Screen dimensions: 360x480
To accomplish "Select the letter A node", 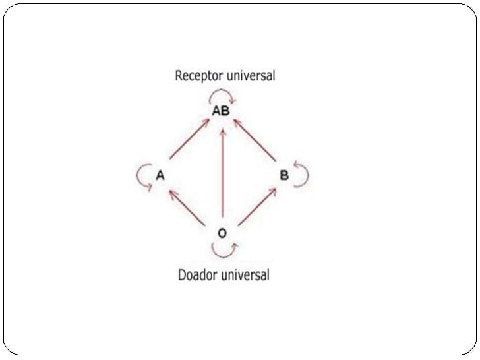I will (160, 175).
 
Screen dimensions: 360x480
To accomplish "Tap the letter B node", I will (284, 175).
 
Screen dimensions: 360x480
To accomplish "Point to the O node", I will (222, 233).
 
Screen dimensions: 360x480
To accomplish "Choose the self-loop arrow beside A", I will (141, 175).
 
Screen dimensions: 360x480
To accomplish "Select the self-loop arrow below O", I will (223, 251).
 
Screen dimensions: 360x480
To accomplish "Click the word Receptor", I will (197, 76).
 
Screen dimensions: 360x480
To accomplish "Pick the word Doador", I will (200, 275).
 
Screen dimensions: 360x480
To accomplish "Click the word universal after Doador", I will (247, 274).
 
